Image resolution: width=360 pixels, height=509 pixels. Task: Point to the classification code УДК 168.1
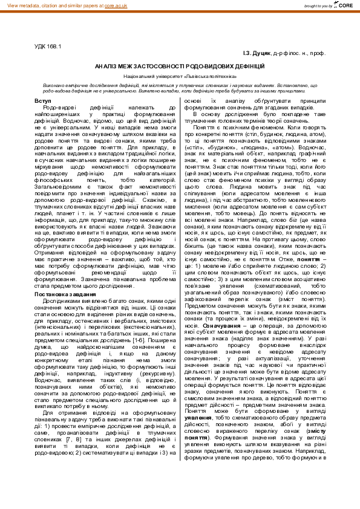pyautogui.click(x=48, y=46)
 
